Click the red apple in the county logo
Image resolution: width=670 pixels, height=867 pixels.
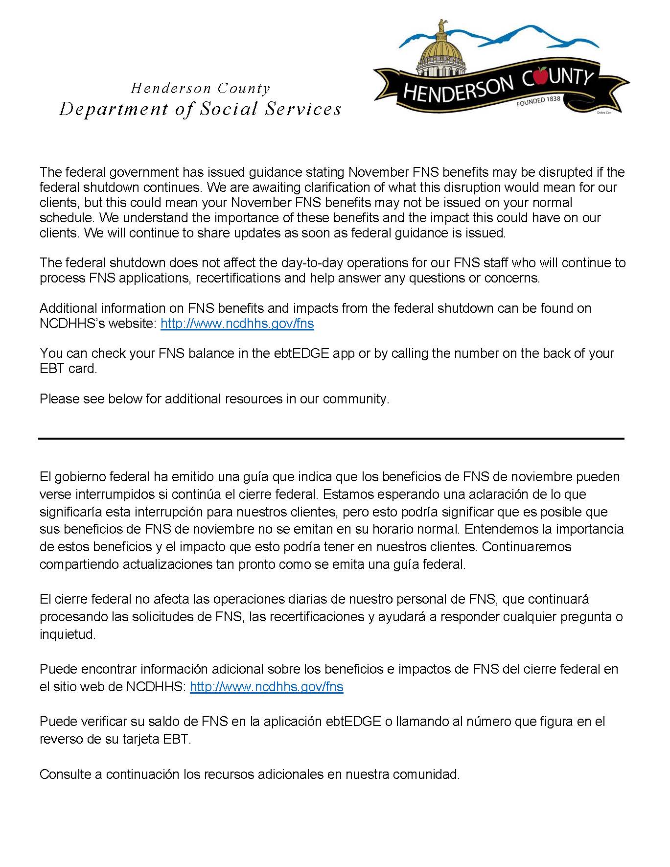541,76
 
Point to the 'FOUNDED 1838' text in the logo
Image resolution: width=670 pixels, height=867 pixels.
538,101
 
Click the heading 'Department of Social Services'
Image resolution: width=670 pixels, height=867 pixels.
200,109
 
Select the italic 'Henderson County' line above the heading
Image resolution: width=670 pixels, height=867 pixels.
200,89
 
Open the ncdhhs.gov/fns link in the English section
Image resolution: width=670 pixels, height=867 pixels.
237,324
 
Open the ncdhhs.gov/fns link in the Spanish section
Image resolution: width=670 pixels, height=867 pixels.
266,686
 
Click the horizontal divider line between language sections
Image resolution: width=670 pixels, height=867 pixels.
331,439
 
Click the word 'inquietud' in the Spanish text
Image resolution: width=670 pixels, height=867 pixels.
68,634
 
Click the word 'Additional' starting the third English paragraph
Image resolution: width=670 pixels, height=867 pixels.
68,308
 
